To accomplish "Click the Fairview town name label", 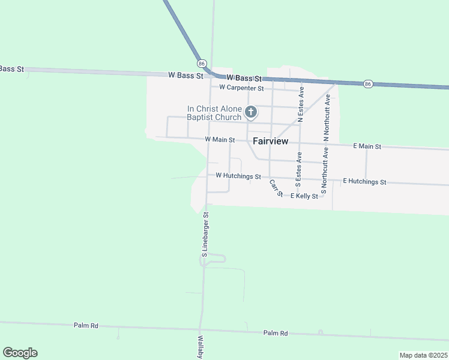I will pyautogui.click(x=270, y=141).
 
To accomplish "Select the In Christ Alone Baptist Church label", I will pyautogui.click(x=214, y=113).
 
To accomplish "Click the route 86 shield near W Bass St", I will pyautogui.click(x=202, y=63).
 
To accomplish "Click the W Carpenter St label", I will pyautogui.click(x=241, y=88).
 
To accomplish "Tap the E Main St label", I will pyautogui.click(x=367, y=146).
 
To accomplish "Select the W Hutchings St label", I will pyautogui.click(x=238, y=176).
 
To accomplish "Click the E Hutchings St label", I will pyautogui.click(x=364, y=181).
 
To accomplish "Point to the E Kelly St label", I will pyautogui.click(x=304, y=196).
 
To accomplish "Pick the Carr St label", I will pyautogui.click(x=276, y=188).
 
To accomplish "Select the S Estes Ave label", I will pyautogui.click(x=298, y=169).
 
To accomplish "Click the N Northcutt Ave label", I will pyautogui.click(x=327, y=118).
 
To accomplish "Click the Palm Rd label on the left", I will pyautogui.click(x=86, y=325).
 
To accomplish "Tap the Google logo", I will pyautogui.click(x=20, y=353).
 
